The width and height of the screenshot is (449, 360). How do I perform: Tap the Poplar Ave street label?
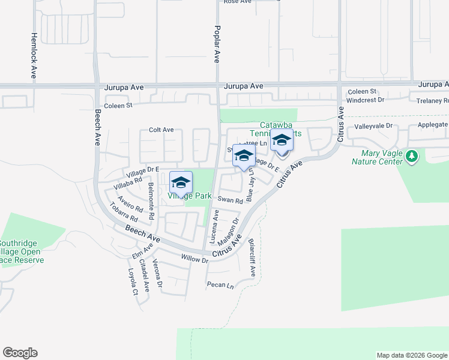pos(217,44)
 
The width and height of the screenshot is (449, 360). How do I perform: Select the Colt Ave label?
pos(161,130)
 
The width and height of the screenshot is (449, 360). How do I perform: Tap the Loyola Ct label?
pos(133,284)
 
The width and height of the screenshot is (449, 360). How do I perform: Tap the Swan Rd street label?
pos(230,200)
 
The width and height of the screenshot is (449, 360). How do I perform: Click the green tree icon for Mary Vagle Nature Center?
pos(411,157)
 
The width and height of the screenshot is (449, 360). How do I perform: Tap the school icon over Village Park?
pos(181,182)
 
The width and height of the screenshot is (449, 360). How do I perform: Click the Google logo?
pos(20,353)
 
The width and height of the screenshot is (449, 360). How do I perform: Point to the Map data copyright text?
pos(412,355)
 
